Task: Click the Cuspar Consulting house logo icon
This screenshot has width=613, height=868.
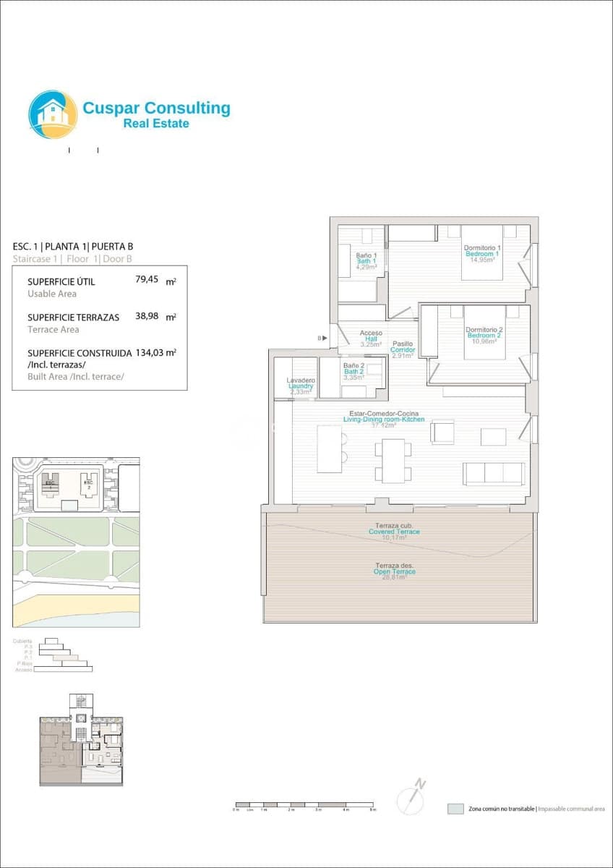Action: pyautogui.click(x=53, y=114)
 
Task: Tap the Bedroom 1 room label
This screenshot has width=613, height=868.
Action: pyautogui.click(x=482, y=254)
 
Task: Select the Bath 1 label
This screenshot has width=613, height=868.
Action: pyautogui.click(x=366, y=261)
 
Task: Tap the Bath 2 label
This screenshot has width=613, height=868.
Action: pyautogui.click(x=354, y=372)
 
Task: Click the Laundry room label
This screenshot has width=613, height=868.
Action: pyautogui.click(x=300, y=386)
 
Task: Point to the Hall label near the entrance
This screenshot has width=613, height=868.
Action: pyautogui.click(x=371, y=339)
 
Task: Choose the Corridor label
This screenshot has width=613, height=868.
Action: pyautogui.click(x=403, y=349)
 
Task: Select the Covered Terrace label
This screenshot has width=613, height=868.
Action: pyautogui.click(x=394, y=532)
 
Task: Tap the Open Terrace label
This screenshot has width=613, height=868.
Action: pyautogui.click(x=395, y=571)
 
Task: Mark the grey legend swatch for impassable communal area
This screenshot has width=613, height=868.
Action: pyautogui.click(x=455, y=809)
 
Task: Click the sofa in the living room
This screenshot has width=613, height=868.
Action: pyautogui.click(x=494, y=473)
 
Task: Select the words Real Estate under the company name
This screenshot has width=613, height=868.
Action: pyautogui.click(x=156, y=124)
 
